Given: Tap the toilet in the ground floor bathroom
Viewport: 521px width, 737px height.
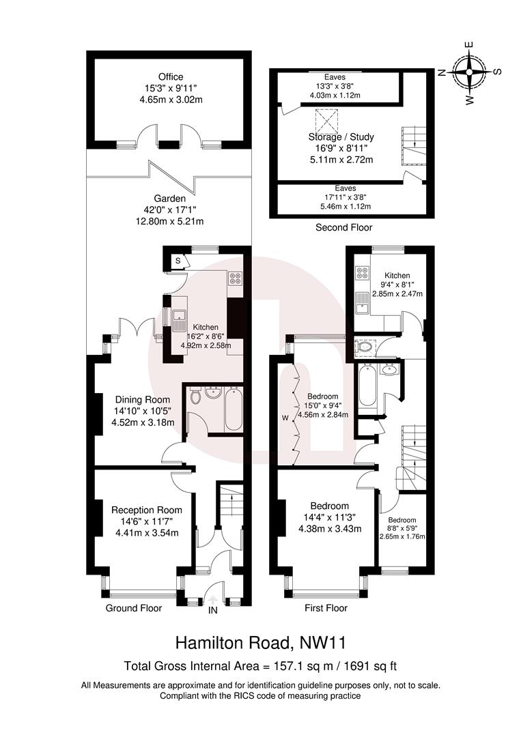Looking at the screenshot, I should (195, 396).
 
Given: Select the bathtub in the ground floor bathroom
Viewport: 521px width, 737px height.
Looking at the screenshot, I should (233, 409).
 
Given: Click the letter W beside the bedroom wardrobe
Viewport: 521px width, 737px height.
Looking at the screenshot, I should (286, 418).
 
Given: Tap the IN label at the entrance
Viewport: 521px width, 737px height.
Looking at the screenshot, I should (213, 611).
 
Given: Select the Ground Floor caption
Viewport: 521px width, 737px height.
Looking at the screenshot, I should (134, 607).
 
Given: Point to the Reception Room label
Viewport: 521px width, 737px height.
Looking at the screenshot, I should (147, 510).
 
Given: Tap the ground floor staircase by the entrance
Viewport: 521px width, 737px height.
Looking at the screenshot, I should (227, 508).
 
